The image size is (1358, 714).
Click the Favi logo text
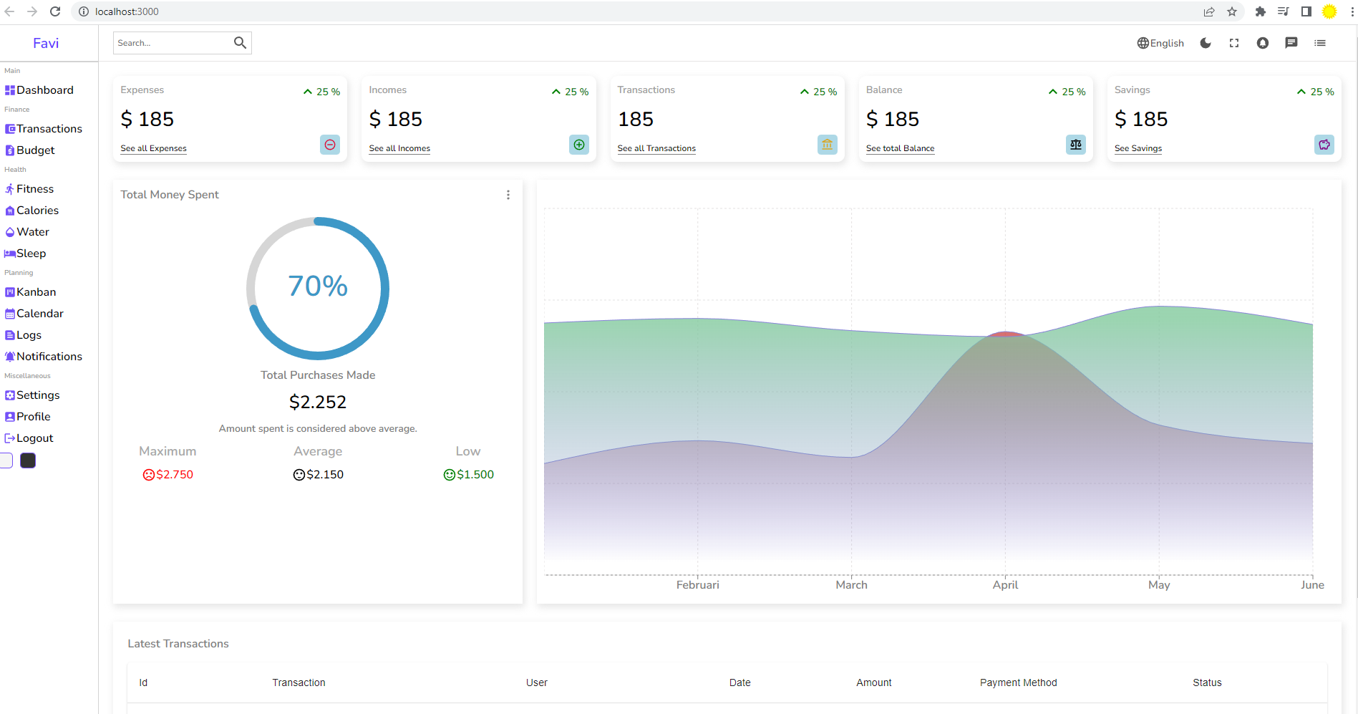(46, 43)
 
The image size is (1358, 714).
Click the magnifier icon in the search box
(240, 43)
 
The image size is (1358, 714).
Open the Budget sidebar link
(35, 150)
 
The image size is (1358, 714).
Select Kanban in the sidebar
(36, 292)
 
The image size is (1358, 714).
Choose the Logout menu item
(34, 438)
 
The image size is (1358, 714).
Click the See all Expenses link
(153, 148)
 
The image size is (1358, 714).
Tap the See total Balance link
(900, 148)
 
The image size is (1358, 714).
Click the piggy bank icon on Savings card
(1324, 145)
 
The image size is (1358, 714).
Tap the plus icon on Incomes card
(579, 145)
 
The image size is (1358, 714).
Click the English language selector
(1160, 43)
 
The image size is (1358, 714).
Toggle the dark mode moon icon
(1206, 43)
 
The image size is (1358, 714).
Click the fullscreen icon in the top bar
(1234, 43)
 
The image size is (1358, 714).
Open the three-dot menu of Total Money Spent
(508, 195)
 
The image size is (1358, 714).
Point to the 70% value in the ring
(318, 286)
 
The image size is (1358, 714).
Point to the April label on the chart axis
(1005, 585)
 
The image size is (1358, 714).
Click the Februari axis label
(697, 585)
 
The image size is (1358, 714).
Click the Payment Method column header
(1018, 682)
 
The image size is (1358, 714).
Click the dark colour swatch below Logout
(28, 460)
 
